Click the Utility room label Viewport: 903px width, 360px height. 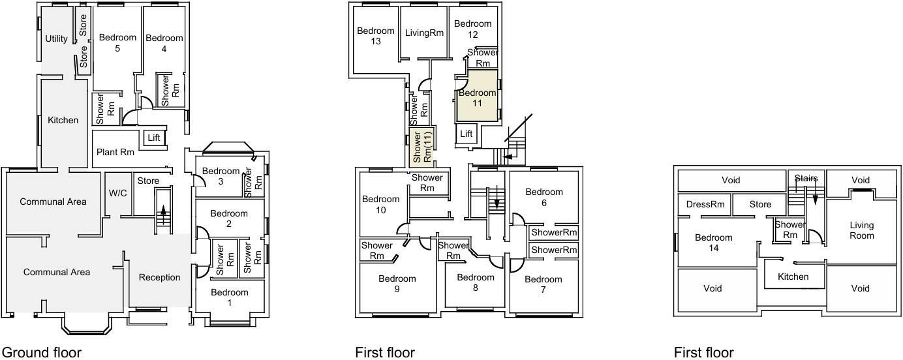pyautogui.click(x=56, y=38)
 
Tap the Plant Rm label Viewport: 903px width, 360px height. pyautogui.click(x=115, y=152)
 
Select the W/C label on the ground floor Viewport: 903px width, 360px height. pyautogui.click(x=117, y=192)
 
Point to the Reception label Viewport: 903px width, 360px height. pyautogui.click(x=160, y=277)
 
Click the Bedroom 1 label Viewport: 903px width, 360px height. pyautogui.click(x=229, y=297)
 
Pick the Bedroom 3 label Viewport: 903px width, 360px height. pyautogui.click(x=221, y=176)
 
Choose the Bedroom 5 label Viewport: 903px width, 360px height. pyautogui.click(x=117, y=43)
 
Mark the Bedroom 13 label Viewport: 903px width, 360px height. pyautogui.click(x=375, y=36)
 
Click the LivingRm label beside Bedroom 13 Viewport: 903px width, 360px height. pyautogui.click(x=424, y=33)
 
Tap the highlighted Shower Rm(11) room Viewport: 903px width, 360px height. pyautogui.click(x=421, y=147)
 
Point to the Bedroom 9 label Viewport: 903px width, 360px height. pyautogui.click(x=397, y=284)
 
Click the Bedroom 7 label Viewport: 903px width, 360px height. pyautogui.click(x=543, y=284)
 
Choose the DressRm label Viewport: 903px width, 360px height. pyautogui.click(x=705, y=204)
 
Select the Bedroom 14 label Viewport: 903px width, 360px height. pyautogui.click(x=713, y=243)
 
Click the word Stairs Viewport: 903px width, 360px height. pyautogui.click(x=806, y=178)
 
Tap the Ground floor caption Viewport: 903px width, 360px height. pyautogui.click(x=42, y=353)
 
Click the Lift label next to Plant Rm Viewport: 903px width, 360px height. pyautogui.click(x=154, y=138)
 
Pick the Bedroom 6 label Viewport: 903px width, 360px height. pyautogui.click(x=543, y=197)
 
